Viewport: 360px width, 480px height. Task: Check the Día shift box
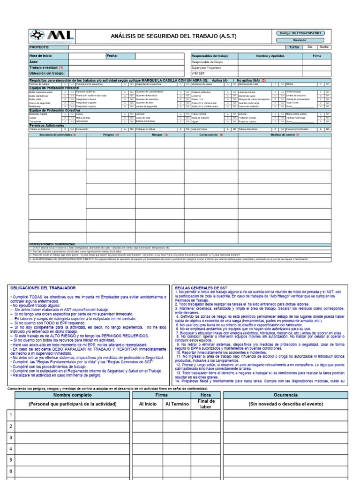pos(310,47)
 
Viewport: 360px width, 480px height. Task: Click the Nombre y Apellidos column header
pos(271,56)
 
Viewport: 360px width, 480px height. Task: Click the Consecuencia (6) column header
pos(211,135)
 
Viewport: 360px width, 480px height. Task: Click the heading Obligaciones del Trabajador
pos(43,288)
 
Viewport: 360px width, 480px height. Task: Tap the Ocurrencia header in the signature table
pos(285,395)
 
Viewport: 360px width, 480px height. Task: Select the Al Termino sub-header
pos(177,404)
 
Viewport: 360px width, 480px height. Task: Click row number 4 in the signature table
pos(10,449)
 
